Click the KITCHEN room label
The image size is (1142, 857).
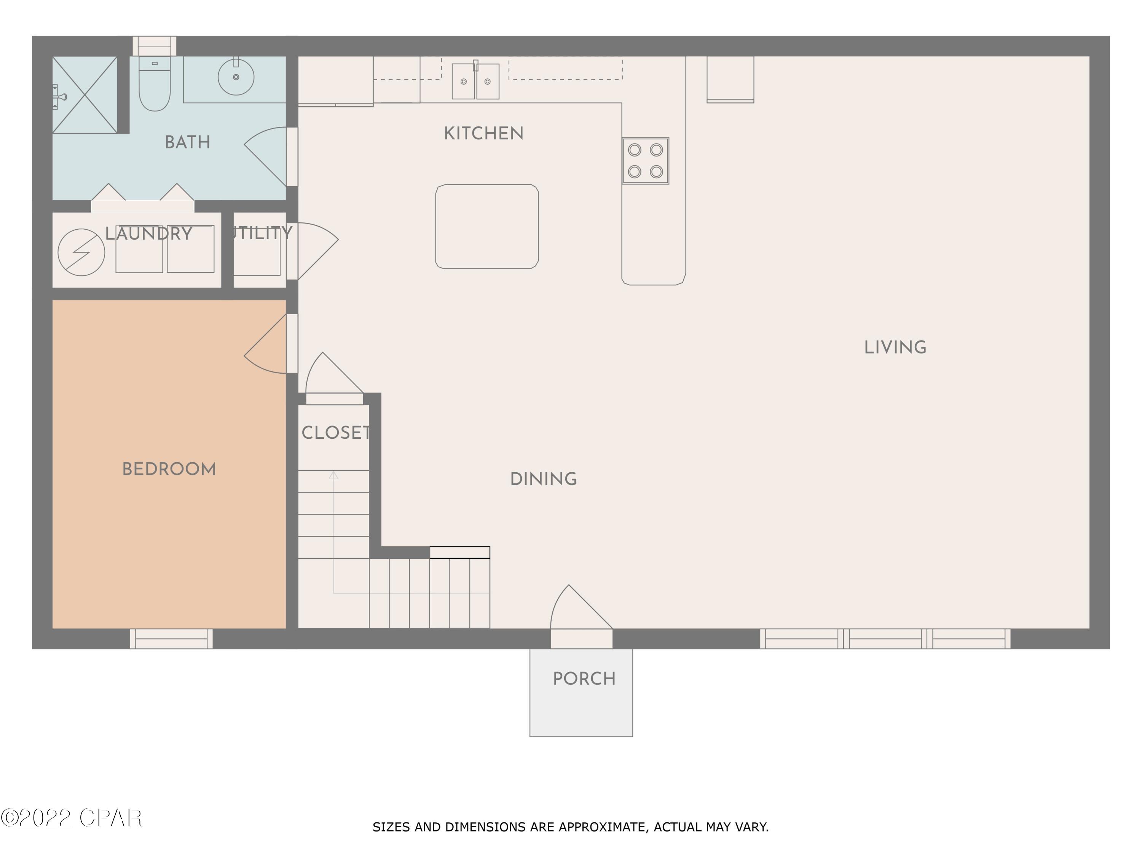coord(483,134)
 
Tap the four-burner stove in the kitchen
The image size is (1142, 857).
coord(645,161)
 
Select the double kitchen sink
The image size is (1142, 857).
coord(475,81)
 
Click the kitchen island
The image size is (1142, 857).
coord(487,226)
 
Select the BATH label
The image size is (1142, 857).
coord(187,142)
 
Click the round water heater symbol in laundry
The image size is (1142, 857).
coord(81,253)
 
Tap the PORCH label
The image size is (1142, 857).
coord(584,679)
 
